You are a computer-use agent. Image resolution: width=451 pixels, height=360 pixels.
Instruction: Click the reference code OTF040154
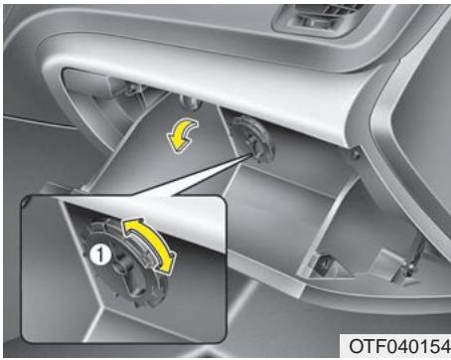(x=396, y=344)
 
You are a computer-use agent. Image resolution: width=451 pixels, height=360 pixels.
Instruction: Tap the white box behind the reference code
(x=396, y=344)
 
